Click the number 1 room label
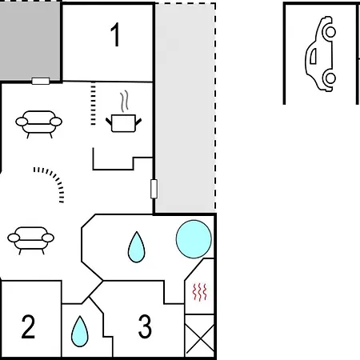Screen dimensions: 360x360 pos(115,34)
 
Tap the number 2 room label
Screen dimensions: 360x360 pos(28,326)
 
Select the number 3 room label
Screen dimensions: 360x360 pos(145,326)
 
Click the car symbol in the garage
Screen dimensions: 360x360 pos(321,54)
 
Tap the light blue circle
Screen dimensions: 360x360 pos(194,239)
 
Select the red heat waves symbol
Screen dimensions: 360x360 pos(200,292)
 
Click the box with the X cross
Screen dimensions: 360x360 pos(199,335)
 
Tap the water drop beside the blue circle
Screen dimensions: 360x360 pos(137,247)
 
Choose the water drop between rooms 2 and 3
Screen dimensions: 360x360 pos(80,331)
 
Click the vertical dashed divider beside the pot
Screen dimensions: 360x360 pos(93,103)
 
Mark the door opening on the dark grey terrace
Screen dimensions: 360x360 pos(41,81)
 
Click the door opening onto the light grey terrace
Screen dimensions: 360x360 pos(154,189)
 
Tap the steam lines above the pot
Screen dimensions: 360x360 pos(124,101)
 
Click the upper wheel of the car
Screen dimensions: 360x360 pos(330,32)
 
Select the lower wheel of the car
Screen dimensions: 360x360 pos(330,78)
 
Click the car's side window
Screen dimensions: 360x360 pos(314,56)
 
